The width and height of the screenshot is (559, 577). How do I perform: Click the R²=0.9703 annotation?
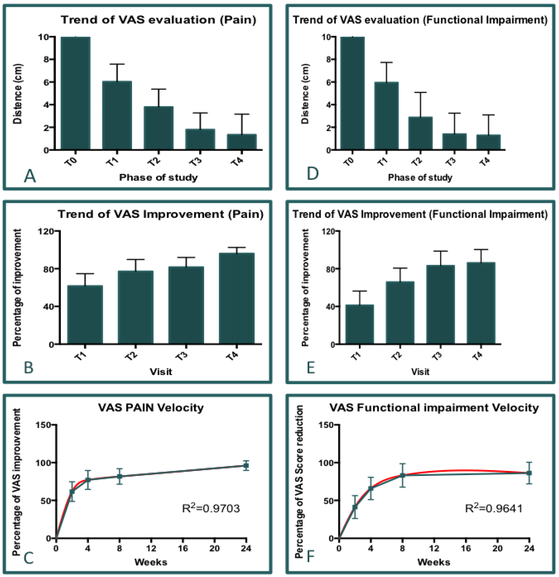(x=211, y=508)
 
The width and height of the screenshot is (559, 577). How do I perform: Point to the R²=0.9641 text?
(x=494, y=508)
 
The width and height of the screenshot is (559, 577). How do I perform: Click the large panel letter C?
(x=29, y=558)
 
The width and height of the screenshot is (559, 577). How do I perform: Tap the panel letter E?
(x=311, y=368)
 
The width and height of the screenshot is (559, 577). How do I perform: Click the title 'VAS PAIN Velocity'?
(x=151, y=408)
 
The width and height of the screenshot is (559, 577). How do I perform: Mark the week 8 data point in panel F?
(x=402, y=475)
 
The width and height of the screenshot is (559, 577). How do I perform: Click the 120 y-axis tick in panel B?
(x=46, y=231)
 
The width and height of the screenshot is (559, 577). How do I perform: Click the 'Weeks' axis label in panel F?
(x=434, y=562)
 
